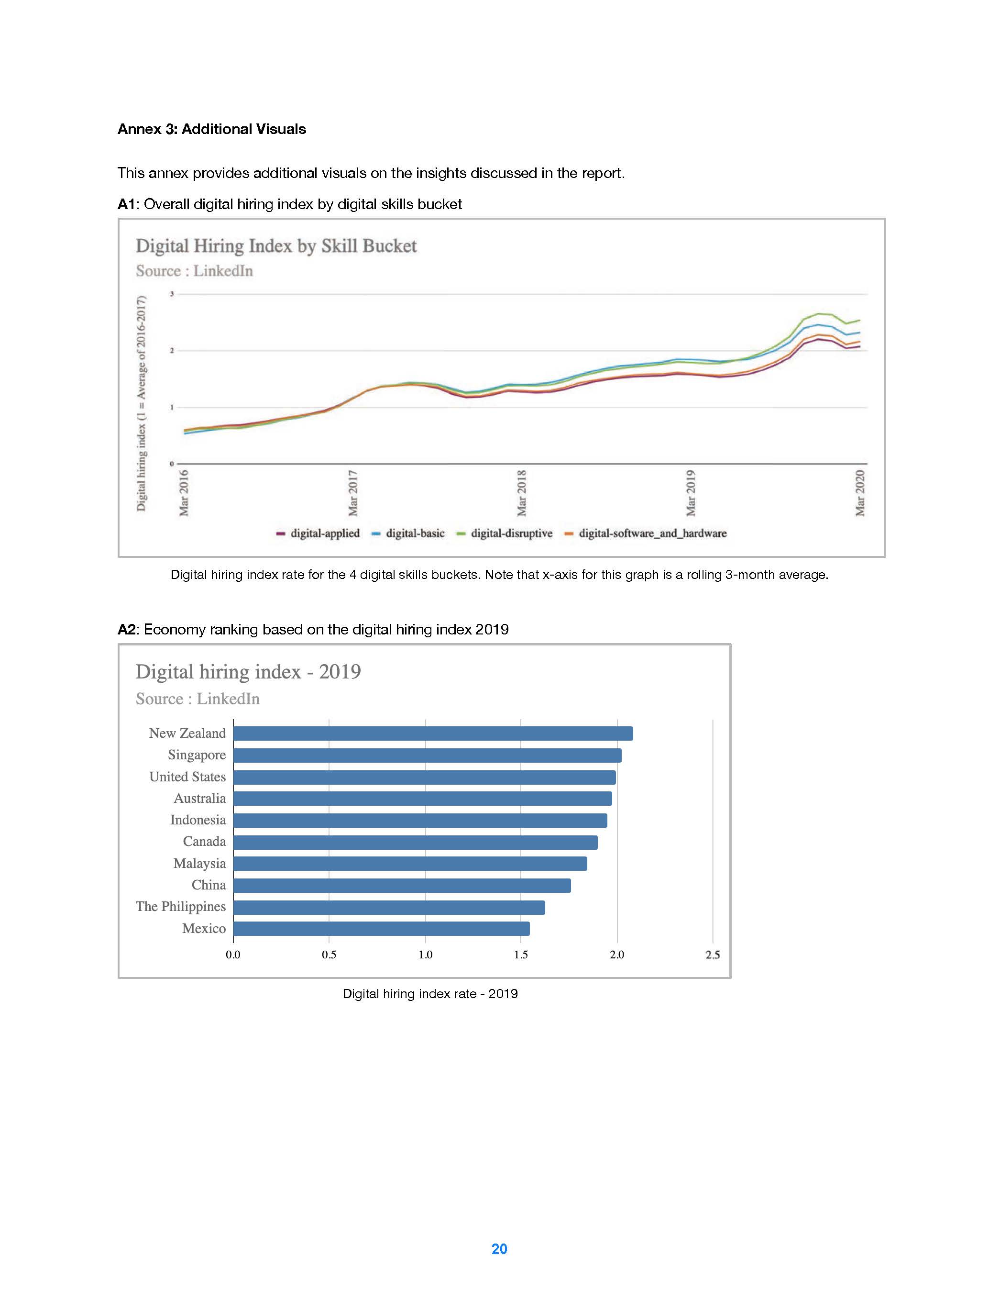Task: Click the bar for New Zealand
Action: pos(432,733)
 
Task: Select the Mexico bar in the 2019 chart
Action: pos(381,929)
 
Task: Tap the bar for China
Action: pos(402,885)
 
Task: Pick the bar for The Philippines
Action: pos(388,907)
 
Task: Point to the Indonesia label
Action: pos(198,820)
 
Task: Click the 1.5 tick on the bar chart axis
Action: pos(520,955)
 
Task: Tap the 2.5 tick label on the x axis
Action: pos(712,955)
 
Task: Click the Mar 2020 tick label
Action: pos(859,493)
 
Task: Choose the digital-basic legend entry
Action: pos(415,533)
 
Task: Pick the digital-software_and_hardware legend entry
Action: pos(652,533)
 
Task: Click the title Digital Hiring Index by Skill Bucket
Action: pos(276,246)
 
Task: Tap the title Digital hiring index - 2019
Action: pos(248,671)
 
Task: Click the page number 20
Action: pos(499,1249)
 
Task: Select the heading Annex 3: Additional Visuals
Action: pos(212,129)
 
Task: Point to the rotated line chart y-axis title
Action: pos(141,403)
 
